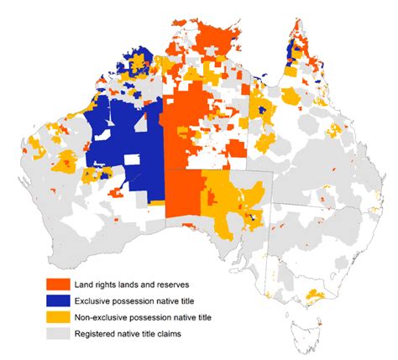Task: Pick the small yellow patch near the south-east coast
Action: (x=315, y=295)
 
